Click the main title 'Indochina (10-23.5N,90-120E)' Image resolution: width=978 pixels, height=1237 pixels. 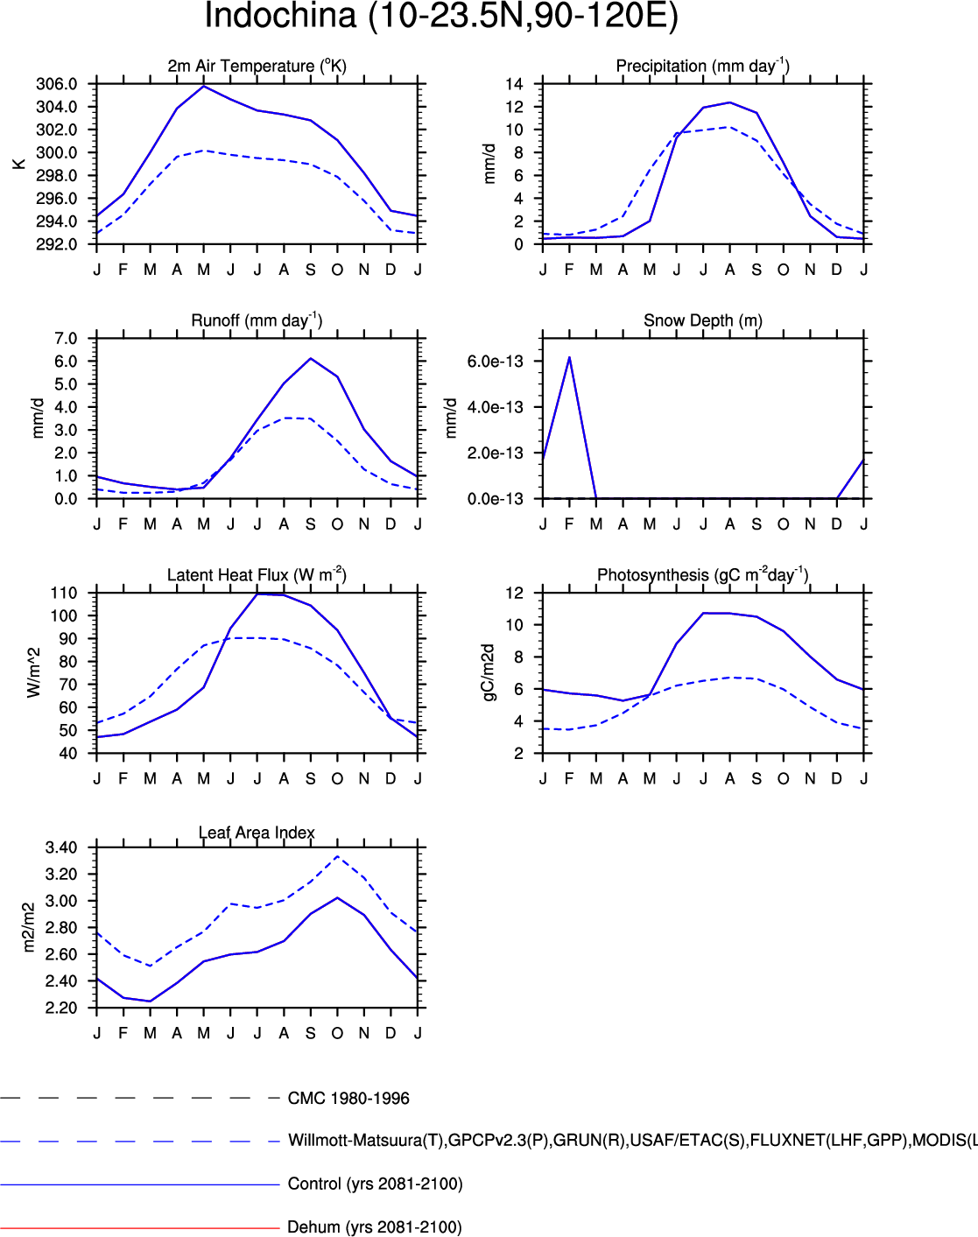(441, 17)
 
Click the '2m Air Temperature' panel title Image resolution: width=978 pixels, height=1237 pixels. (257, 66)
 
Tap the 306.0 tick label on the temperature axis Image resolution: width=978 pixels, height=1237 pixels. (56, 84)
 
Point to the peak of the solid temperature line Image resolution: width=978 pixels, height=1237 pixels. (204, 86)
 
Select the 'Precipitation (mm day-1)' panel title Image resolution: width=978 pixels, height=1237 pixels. (702, 66)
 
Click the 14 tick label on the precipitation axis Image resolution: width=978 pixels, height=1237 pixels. (514, 84)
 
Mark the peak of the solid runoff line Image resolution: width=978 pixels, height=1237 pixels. (311, 359)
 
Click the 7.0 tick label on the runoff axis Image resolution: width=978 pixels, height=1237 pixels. (66, 339)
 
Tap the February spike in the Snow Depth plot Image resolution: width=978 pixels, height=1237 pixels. (570, 358)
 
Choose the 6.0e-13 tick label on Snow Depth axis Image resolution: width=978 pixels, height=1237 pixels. (495, 362)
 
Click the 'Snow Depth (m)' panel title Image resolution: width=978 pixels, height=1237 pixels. (702, 320)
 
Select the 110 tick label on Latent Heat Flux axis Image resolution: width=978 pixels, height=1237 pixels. (63, 593)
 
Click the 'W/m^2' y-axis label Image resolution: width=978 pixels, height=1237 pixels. (34, 672)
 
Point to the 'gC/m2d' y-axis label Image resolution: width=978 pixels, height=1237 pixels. (489, 672)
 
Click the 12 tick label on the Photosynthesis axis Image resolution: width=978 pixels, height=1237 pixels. (514, 593)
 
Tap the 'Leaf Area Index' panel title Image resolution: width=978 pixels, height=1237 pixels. (257, 833)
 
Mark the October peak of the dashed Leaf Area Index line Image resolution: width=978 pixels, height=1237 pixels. (338, 856)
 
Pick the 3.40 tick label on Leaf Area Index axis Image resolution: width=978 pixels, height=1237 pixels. (61, 847)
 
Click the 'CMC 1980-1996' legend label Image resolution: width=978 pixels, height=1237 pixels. (348, 1099)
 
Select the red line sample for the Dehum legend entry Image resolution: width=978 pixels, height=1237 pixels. (140, 1227)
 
